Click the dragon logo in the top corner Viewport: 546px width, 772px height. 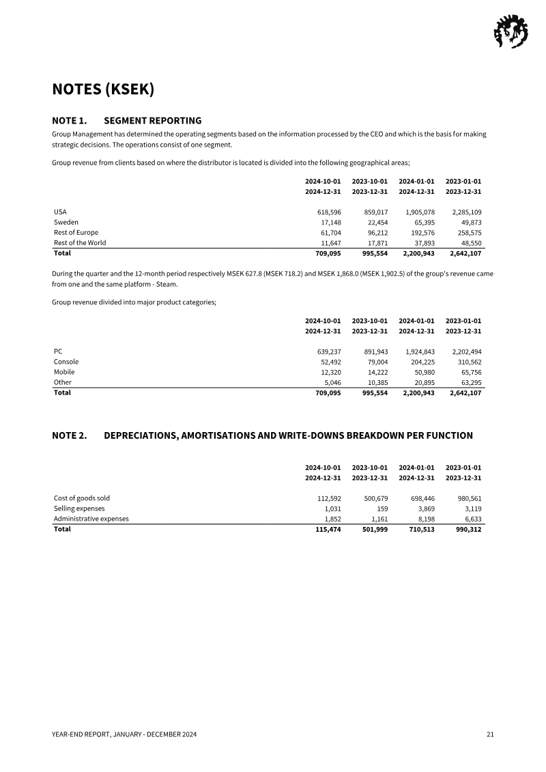[x=509, y=32]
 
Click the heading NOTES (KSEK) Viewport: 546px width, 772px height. [x=103, y=89]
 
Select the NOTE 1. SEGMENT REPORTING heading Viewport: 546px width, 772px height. [x=127, y=121]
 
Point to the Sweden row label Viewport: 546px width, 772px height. [x=66, y=223]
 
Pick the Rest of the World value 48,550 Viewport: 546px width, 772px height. [x=468, y=243]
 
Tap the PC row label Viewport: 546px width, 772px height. [x=59, y=352]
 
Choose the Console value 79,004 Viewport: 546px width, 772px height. [x=373, y=362]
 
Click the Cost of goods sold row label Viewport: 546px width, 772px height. [x=82, y=498]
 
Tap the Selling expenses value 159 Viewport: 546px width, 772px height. [x=382, y=509]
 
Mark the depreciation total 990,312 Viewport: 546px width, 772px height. [x=466, y=529]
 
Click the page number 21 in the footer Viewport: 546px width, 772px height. [x=490, y=734]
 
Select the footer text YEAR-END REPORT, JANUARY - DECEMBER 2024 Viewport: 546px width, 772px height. [x=124, y=734]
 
